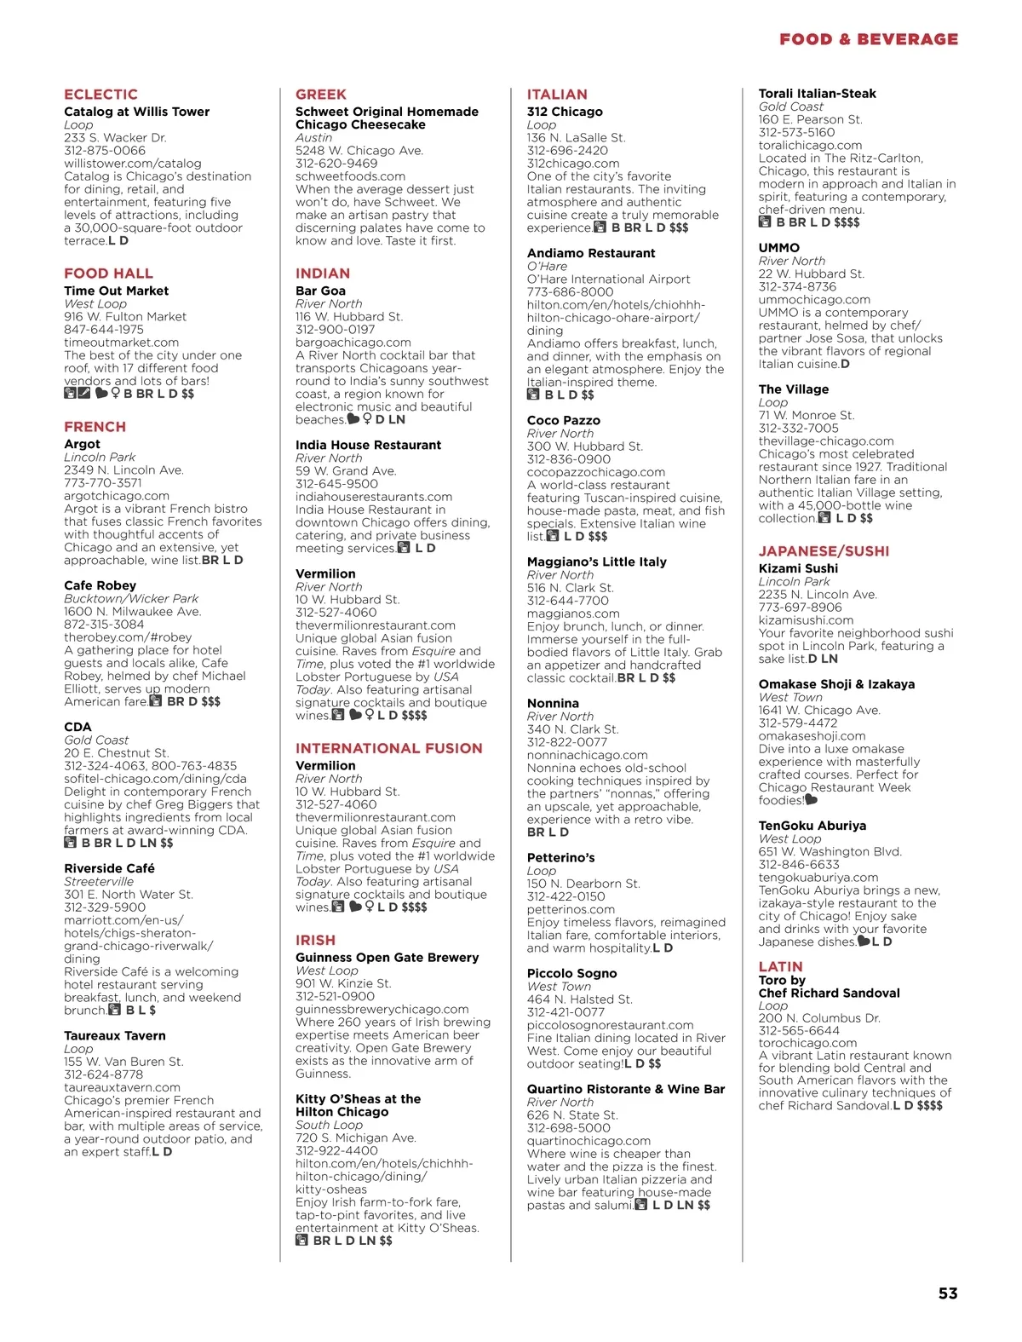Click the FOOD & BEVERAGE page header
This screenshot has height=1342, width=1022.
(868, 39)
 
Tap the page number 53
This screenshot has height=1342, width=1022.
(948, 1293)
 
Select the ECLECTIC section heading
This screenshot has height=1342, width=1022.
(100, 95)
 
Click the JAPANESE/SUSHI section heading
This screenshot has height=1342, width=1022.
(824, 551)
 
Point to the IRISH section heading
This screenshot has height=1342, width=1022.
(315, 940)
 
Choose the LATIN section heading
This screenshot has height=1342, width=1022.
(780, 966)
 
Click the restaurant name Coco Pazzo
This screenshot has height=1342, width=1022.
(563, 420)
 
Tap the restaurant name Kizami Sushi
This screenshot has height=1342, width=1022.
(798, 568)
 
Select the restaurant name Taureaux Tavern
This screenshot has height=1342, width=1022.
(115, 1036)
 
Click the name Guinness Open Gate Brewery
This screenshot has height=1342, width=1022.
(387, 958)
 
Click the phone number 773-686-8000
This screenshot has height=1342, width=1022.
(569, 292)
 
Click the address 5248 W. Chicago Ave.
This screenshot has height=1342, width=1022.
(359, 151)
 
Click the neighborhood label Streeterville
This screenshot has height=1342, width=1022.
(99, 882)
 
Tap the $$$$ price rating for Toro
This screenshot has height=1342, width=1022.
(929, 1106)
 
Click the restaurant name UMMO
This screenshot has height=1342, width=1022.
(779, 248)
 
